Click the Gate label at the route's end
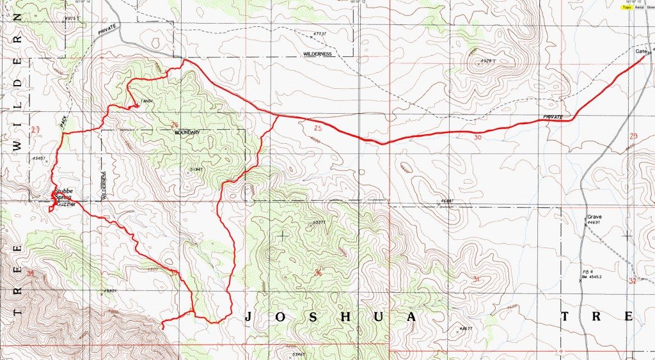(642, 51)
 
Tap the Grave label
(595, 217)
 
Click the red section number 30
(478, 137)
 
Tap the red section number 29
(633, 136)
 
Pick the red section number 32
(633, 280)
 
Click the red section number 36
(318, 273)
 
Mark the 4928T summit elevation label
(488, 61)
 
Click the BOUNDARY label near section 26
(187, 132)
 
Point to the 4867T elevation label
(467, 329)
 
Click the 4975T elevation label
(75, 19)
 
